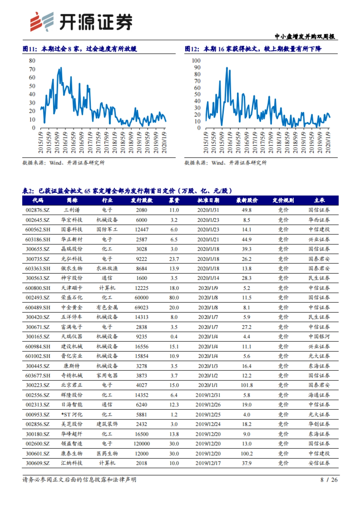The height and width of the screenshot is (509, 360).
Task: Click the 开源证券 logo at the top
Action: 81,22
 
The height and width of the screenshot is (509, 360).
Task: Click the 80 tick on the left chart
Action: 32,61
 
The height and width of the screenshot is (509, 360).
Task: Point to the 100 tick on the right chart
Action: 196,61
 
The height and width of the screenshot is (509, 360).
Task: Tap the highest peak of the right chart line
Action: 227,68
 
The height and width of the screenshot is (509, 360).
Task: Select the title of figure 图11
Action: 80,49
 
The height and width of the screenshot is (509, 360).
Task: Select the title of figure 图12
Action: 253,49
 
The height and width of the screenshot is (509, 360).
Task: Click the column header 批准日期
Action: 208,200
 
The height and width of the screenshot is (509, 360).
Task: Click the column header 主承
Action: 319,200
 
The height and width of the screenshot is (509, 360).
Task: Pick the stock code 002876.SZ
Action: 37,210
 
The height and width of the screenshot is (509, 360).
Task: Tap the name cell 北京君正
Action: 72,385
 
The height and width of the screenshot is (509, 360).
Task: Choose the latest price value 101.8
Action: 247,385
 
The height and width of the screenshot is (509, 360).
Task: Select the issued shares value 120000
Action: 141,444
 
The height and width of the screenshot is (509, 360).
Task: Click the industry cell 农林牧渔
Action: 107,269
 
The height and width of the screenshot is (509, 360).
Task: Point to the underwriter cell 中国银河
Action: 319,337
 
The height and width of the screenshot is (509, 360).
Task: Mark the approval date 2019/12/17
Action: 208,463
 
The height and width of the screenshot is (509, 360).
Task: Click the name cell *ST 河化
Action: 72,415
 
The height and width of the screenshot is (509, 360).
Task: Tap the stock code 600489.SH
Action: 37,308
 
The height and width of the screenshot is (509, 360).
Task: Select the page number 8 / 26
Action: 329,480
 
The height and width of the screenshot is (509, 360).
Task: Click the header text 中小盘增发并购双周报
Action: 304,37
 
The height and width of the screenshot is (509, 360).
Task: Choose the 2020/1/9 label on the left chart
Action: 164,142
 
